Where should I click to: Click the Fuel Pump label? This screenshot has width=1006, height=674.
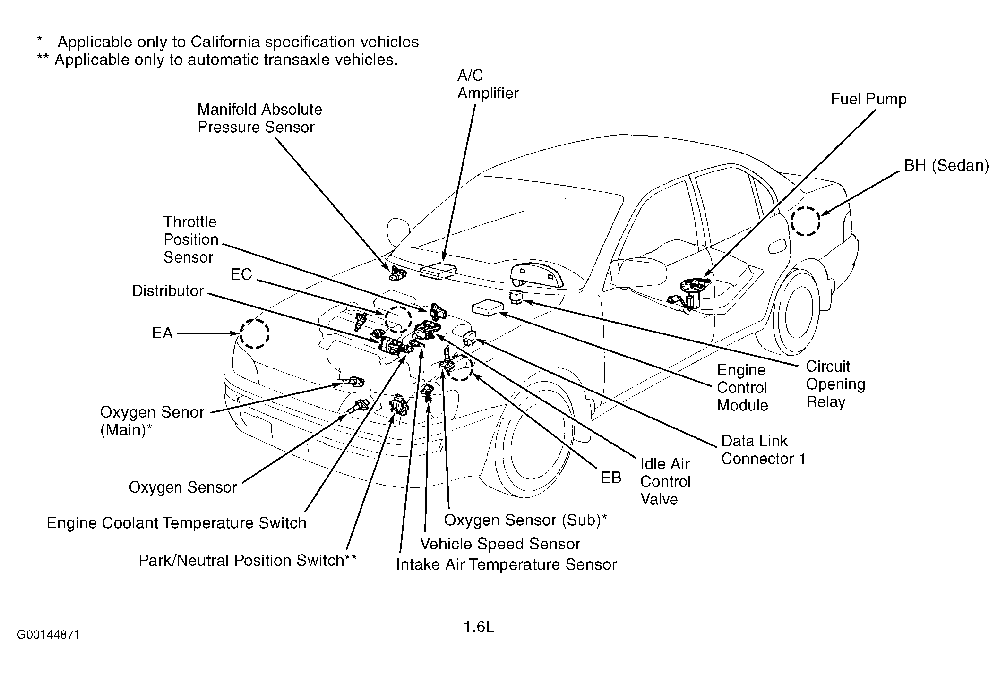pyautogui.click(x=868, y=99)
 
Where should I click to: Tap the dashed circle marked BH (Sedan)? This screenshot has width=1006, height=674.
pyautogui.click(x=806, y=221)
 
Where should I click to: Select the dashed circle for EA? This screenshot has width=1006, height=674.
pyautogui.click(x=254, y=333)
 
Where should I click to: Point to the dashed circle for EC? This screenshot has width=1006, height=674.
pyautogui.click(x=398, y=318)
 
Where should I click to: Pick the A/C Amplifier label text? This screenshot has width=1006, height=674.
pyautogui.click(x=488, y=85)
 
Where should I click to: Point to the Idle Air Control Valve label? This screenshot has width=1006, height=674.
pyautogui.click(x=665, y=481)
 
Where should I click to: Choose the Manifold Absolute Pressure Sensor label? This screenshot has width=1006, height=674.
pyautogui.click(x=259, y=118)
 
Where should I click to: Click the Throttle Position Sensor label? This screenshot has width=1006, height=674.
pyautogui.click(x=190, y=239)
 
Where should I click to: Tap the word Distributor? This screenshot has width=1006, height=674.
pyautogui.click(x=168, y=291)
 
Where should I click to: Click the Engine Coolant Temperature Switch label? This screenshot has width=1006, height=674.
pyautogui.click(x=176, y=523)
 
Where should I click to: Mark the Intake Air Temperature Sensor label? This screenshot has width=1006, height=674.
pyautogui.click(x=506, y=565)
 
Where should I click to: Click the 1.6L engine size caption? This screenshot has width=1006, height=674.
pyautogui.click(x=479, y=627)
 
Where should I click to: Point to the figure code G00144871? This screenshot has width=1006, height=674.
pyautogui.click(x=48, y=634)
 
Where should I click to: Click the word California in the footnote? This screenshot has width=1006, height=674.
pyautogui.click(x=225, y=42)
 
